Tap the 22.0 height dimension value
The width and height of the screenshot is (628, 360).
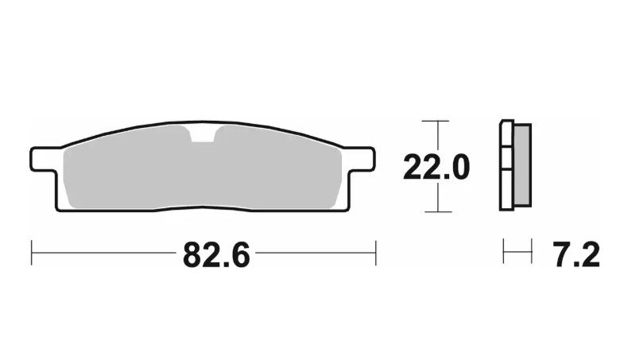point(436,168)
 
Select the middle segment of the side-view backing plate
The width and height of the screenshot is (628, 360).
point(506,158)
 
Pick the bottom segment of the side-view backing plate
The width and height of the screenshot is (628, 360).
point(506,192)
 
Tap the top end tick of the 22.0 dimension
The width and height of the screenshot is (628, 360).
point(430,122)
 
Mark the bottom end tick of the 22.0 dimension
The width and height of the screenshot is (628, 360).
point(430,212)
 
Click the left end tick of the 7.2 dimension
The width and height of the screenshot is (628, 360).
point(503,254)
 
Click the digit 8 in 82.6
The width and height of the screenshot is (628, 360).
point(195,255)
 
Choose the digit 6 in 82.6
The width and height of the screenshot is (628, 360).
point(239,255)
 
